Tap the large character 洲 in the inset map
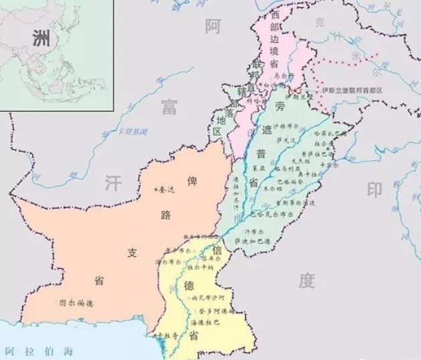click(x=41, y=38)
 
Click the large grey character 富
click(x=169, y=106)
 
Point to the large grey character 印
click(x=374, y=190)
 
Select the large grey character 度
click(x=306, y=280)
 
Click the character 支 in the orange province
click(x=132, y=253)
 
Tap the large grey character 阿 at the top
click(x=213, y=26)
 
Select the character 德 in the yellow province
click(x=189, y=286)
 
